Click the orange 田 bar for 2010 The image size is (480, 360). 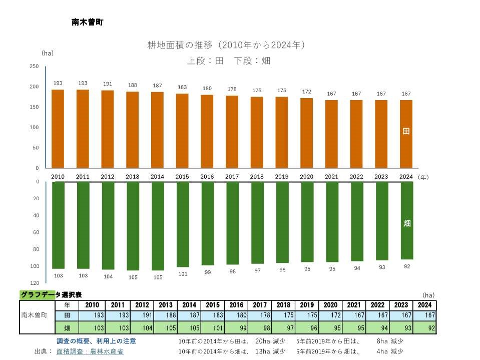coord(58,129)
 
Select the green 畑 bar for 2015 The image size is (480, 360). coord(183,224)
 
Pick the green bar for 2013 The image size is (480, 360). coord(133,226)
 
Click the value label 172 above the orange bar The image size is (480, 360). coord(307,92)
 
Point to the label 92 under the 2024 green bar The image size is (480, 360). coord(407,266)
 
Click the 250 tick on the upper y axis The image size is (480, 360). coord(34,66)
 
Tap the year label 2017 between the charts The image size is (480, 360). coord(232,177)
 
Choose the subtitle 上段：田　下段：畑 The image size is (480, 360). coord(228,61)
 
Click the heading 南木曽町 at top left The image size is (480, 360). coord(88,23)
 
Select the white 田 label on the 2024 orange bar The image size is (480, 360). coord(406,131)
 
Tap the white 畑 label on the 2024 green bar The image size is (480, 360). coord(407,223)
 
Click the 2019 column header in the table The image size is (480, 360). coord(307,305)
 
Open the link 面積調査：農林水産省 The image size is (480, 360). coord(90,351)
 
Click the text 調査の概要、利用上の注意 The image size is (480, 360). coord(96,341)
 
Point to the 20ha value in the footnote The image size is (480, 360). coord(263,341)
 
